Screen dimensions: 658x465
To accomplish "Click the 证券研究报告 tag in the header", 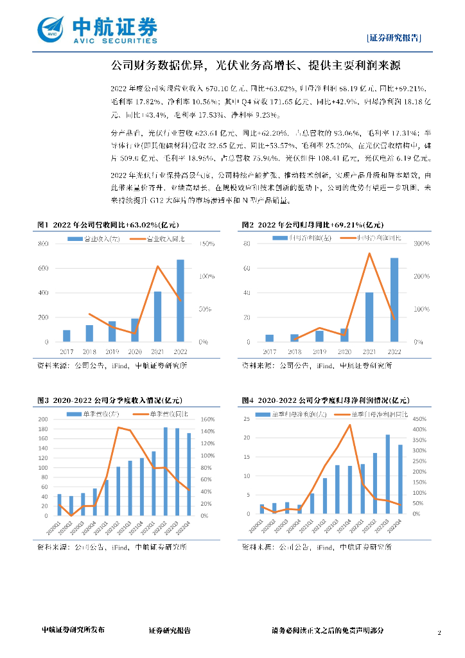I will (x=394, y=37).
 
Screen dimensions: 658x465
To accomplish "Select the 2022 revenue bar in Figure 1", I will (x=180, y=301).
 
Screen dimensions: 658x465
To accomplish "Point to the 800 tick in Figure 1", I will (x=44, y=244).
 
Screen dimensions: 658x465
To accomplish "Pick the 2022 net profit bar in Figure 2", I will (x=394, y=299).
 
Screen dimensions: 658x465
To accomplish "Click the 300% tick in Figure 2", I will (x=412, y=244).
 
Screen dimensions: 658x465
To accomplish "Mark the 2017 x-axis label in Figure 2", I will (x=269, y=352).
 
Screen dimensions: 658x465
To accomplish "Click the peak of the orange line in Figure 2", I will (x=369, y=253).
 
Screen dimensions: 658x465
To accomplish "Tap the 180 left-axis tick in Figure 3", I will (x=43, y=430).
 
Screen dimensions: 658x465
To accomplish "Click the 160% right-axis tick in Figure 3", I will (x=209, y=420).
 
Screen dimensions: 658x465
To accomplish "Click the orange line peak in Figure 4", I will (x=350, y=425).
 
